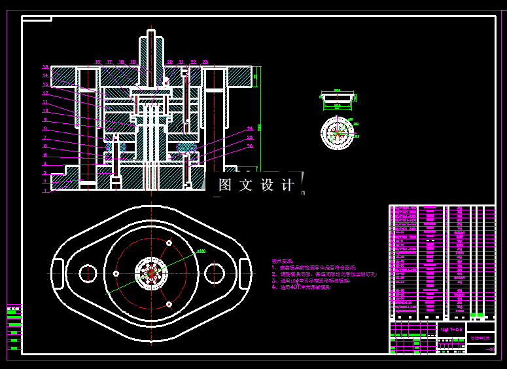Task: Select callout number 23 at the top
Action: click(205, 62)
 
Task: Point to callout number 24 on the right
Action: click(250, 128)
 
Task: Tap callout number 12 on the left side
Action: click(46, 93)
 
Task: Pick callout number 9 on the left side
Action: click(46, 120)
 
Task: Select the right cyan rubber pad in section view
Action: click(186, 147)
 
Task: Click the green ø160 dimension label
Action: click(201, 250)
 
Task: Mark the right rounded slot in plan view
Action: click(245, 273)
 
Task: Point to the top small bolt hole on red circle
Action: click(169, 243)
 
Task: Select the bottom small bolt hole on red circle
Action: click(169, 304)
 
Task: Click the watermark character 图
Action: click(226, 185)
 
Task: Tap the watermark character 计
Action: click(287, 185)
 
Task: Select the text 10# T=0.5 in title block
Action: click(451, 328)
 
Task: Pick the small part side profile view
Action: click(338, 98)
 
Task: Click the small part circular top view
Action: click(338, 133)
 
